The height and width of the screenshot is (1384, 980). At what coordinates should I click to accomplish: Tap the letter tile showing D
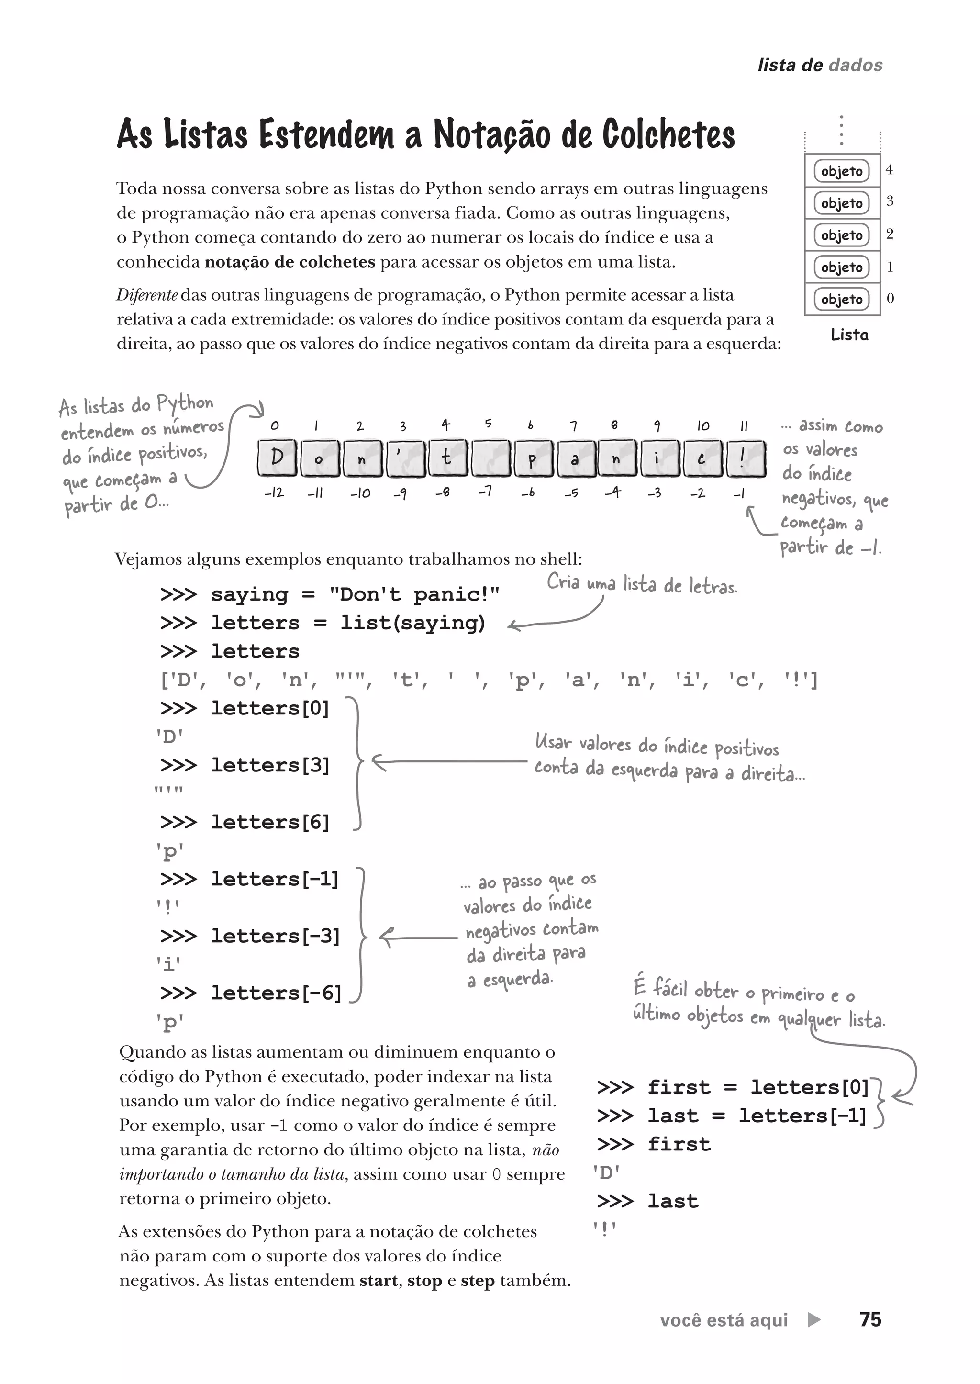pyautogui.click(x=277, y=458)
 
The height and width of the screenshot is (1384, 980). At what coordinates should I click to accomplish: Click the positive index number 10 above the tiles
pyautogui.click(x=703, y=425)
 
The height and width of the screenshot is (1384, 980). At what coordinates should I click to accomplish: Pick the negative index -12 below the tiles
pyautogui.click(x=274, y=492)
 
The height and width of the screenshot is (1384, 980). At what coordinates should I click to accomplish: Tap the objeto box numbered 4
pyautogui.click(x=842, y=171)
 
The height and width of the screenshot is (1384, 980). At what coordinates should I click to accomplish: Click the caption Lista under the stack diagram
pyautogui.click(x=849, y=335)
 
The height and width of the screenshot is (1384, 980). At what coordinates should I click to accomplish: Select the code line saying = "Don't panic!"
pyautogui.click(x=330, y=594)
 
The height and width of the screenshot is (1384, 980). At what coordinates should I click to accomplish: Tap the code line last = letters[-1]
pyautogui.click(x=731, y=1116)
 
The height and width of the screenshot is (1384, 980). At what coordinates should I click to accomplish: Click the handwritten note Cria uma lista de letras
pyautogui.click(x=642, y=584)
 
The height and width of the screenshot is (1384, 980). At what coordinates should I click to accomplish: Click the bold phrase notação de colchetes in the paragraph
pyautogui.click(x=290, y=262)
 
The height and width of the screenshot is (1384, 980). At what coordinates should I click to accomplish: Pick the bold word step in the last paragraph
pyautogui.click(x=478, y=1280)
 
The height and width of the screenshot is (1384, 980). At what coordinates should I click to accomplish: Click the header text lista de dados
pyautogui.click(x=820, y=65)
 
